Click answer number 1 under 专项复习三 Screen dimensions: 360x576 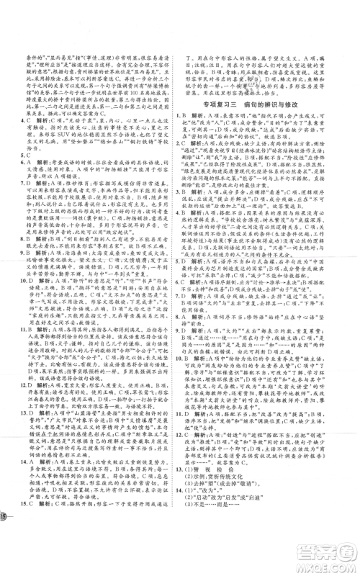[x=187, y=125]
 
